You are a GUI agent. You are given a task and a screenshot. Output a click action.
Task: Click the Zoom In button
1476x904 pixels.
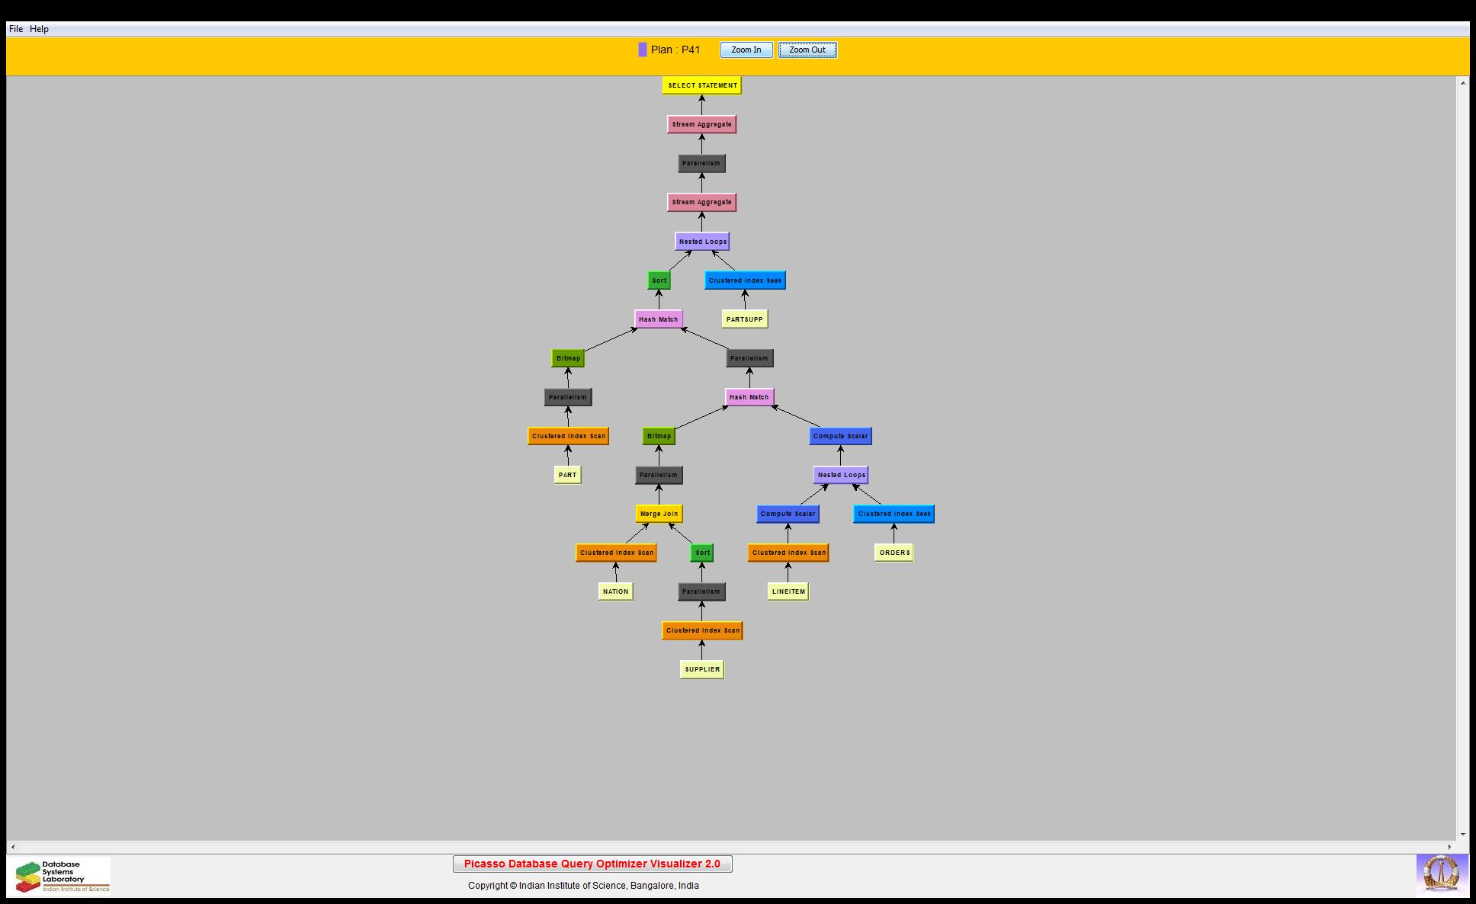point(746,50)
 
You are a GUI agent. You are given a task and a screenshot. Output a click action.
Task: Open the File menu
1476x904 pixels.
point(15,29)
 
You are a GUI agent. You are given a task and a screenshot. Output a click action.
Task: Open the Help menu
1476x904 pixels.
point(39,29)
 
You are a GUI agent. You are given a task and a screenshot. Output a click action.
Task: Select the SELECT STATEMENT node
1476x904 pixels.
point(702,85)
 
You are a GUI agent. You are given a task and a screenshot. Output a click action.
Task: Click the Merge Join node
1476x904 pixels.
point(659,514)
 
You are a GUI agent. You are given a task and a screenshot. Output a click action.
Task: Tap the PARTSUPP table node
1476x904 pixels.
point(744,319)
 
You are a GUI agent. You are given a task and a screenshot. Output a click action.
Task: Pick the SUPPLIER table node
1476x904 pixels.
point(702,669)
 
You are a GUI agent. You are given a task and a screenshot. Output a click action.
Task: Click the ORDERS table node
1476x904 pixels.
point(894,553)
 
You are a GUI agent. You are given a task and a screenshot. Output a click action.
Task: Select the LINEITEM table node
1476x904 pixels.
point(788,591)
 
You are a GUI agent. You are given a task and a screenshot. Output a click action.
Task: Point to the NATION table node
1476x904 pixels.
point(615,591)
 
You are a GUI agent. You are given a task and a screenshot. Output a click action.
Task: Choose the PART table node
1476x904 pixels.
point(567,475)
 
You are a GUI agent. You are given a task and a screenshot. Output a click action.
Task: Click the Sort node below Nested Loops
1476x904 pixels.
point(659,280)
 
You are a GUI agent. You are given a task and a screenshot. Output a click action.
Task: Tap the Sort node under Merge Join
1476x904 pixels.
point(702,553)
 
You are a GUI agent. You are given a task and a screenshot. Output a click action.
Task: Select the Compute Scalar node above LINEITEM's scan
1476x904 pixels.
point(788,514)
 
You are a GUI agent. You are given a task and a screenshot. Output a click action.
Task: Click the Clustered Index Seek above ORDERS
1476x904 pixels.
point(894,514)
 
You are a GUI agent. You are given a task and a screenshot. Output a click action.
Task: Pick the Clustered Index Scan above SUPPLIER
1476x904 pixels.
point(702,630)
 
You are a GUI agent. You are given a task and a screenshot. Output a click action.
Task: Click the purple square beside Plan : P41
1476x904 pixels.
point(643,50)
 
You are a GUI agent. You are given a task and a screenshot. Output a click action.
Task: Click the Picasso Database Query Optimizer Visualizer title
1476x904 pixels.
point(592,864)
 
